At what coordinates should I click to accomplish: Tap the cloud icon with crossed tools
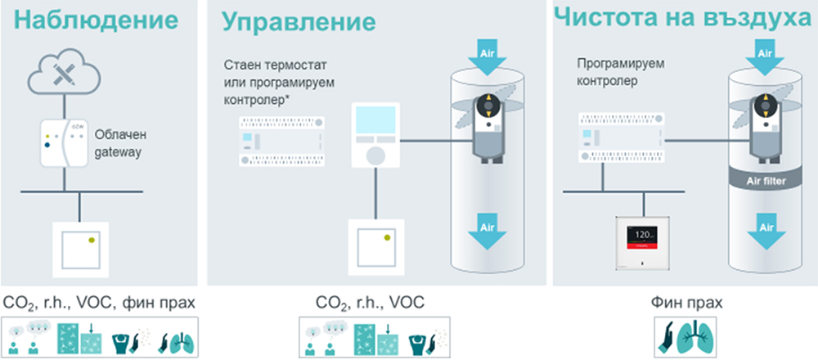click(64, 75)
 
